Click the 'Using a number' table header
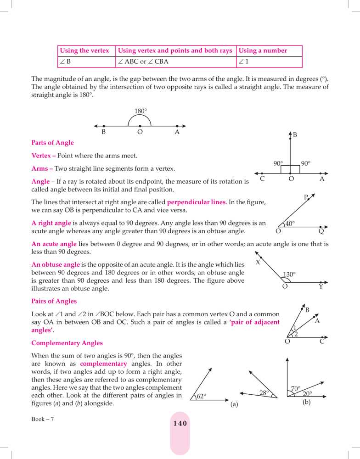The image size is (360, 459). (x=263, y=50)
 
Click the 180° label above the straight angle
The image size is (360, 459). (x=141, y=111)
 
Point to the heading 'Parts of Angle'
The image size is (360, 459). (x=52, y=143)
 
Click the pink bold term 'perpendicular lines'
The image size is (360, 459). (x=196, y=202)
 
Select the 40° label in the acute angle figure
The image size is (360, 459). (x=290, y=224)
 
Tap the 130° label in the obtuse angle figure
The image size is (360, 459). (x=289, y=274)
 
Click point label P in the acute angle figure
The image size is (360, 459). (x=306, y=197)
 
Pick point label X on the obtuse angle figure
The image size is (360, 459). (x=258, y=263)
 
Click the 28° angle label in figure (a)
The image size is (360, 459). (x=264, y=393)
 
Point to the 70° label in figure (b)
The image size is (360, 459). (x=296, y=389)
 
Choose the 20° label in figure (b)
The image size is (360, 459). (x=307, y=394)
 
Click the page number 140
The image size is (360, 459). (x=180, y=423)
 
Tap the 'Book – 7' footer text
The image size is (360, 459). (x=43, y=419)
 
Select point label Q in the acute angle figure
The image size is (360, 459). (x=321, y=231)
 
